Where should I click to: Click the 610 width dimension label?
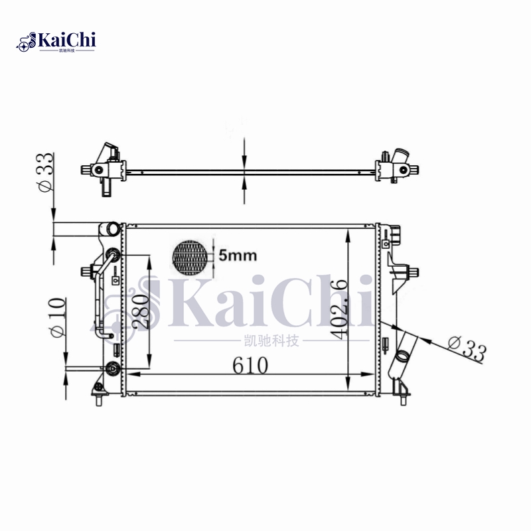point(250,365)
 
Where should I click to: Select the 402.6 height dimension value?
point(339,309)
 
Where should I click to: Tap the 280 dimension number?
point(140,311)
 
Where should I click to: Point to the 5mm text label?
point(238,255)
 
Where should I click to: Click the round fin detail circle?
point(190,258)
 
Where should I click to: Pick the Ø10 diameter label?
point(57,317)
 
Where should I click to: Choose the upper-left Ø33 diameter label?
point(45,173)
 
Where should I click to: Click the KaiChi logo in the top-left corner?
point(56,42)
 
